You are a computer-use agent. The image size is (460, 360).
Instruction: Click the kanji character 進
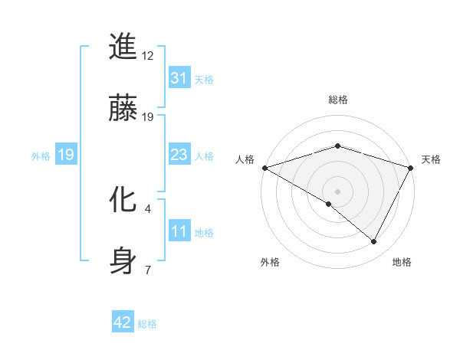(124, 47)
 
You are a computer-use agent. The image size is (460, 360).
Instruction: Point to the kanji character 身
(124, 260)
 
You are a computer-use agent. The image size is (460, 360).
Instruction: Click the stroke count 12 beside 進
(148, 56)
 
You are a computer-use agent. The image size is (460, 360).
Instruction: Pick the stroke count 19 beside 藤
(148, 116)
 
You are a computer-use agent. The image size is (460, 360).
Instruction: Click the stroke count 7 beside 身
(148, 270)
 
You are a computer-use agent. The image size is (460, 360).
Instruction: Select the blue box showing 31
(179, 78)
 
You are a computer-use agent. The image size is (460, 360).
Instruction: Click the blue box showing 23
(179, 155)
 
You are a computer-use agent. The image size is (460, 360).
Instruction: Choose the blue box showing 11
(179, 231)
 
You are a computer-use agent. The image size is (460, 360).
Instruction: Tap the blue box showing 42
(122, 322)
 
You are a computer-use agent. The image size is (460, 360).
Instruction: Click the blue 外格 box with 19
(65, 155)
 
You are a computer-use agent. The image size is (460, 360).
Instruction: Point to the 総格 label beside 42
(147, 324)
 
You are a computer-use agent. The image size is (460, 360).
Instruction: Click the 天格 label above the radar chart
(431, 159)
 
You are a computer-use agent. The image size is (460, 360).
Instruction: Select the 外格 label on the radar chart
(270, 262)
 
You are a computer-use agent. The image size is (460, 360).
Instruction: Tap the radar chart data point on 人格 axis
(264, 167)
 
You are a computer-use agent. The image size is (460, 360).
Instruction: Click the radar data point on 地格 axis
(374, 242)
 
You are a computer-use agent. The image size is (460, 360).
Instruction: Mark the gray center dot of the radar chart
(337, 191)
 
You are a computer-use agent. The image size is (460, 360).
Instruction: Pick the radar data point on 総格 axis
(337, 146)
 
